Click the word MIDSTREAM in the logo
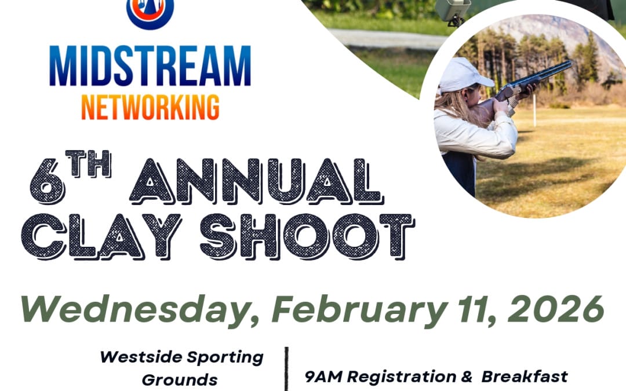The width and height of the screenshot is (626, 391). click(x=150, y=66)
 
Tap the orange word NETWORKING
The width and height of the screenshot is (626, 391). click(x=150, y=107)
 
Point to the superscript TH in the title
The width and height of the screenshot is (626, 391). click(x=88, y=164)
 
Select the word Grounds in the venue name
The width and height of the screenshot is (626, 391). click(x=180, y=380)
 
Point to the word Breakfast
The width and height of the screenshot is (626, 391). click(x=525, y=377)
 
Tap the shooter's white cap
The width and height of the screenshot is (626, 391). click(x=464, y=76)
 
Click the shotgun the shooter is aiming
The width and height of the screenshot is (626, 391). click(x=533, y=81)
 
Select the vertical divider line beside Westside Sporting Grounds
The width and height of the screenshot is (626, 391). click(x=286, y=368)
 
